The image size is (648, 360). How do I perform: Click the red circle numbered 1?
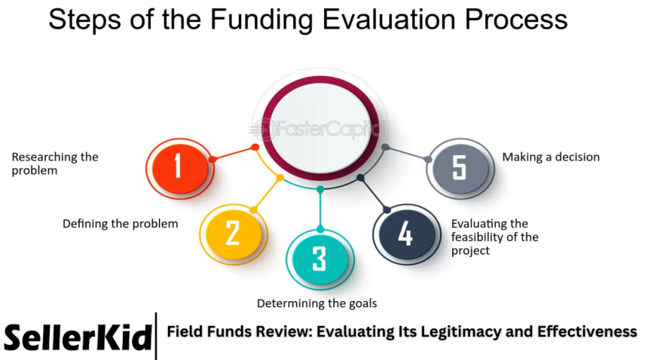click(179, 166)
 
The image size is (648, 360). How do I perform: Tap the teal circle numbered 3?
click(319, 258)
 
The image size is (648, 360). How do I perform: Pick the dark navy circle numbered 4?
click(405, 233)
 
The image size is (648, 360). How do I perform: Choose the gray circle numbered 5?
click(459, 167)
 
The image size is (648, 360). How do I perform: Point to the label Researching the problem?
click(55, 163)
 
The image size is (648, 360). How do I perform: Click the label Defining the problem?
click(121, 224)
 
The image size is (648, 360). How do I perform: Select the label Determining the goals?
click(316, 304)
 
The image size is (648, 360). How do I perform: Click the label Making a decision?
click(551, 157)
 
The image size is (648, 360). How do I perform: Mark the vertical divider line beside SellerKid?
click(157, 336)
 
